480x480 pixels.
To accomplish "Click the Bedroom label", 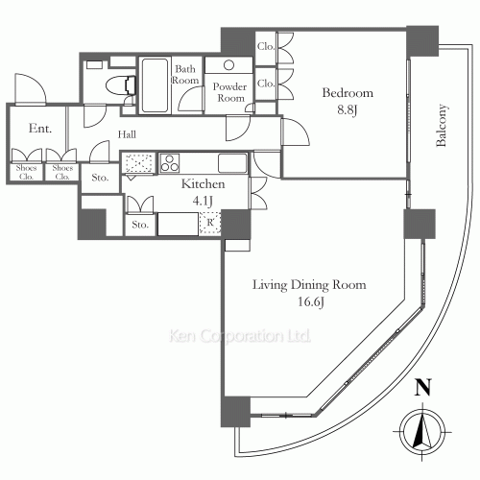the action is [348, 93].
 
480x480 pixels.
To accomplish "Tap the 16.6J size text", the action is [311, 301].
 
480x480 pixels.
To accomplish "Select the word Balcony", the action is [442, 125].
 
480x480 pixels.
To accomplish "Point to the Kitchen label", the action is [203, 184].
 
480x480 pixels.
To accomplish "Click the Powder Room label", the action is [229, 92].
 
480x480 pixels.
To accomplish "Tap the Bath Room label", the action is [185, 75].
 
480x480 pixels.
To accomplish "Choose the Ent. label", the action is [40, 129].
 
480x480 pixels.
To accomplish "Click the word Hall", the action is [127, 134].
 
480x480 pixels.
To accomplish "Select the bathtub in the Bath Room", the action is [155, 85].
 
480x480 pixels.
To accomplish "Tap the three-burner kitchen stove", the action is [170, 163].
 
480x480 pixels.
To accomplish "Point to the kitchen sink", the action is [232, 163].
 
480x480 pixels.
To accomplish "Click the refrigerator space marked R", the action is [209, 223].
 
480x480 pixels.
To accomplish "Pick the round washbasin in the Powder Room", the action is [228, 65].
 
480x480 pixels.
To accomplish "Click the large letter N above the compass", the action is [422, 387].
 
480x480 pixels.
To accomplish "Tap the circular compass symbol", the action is [422, 431].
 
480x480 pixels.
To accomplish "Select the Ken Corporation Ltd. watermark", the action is [239, 336].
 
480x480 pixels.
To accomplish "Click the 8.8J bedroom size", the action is [348, 110].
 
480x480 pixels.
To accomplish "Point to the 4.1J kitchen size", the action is [203, 201].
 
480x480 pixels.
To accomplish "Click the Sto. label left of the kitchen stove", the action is [100, 178].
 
